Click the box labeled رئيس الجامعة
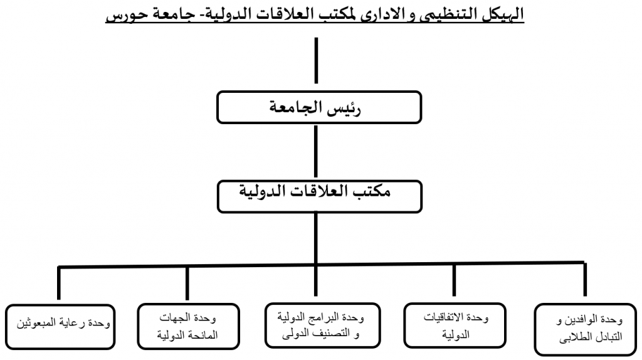point(319,107)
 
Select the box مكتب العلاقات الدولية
point(319,196)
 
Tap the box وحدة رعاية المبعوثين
point(60,327)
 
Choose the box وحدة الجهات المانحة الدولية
point(188,326)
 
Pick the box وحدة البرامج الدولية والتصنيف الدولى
point(323,326)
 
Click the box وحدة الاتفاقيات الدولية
point(455,326)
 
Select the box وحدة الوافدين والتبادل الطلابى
point(586,329)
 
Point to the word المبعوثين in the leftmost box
point(36,323)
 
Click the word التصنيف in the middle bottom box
point(331,334)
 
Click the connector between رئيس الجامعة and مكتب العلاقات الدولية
point(316,152)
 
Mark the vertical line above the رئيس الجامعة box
point(316,61)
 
